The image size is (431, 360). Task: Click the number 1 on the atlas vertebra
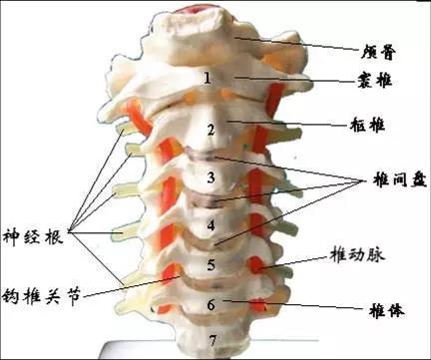point(207,77)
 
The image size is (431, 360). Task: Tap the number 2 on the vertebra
point(210,130)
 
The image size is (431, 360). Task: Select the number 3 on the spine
point(210,179)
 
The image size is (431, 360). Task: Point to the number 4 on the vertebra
point(210,224)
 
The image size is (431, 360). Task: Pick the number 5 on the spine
point(210,264)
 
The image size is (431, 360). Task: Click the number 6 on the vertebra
point(210,303)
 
